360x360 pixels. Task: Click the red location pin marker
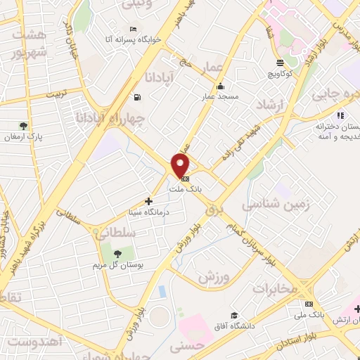click(x=181, y=165)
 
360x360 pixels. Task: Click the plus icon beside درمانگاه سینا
click(x=148, y=201)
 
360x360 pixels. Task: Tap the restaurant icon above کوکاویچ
click(x=281, y=63)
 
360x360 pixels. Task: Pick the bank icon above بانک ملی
click(x=309, y=304)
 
